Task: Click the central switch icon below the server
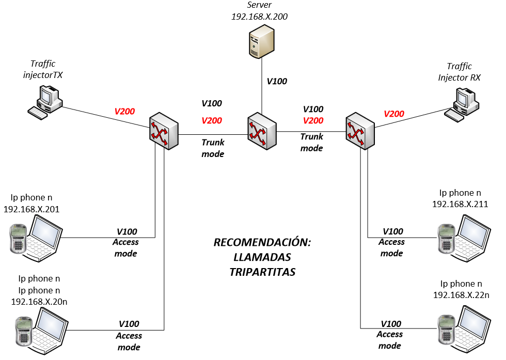click(261, 132)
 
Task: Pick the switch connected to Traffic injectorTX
click(164, 133)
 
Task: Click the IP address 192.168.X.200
click(259, 17)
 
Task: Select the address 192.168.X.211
click(460, 205)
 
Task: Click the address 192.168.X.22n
click(461, 295)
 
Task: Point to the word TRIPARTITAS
click(263, 272)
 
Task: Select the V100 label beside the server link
click(277, 81)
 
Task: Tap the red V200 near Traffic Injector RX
click(394, 114)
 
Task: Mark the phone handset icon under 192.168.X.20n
click(22, 331)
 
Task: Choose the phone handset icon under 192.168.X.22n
click(445, 327)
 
